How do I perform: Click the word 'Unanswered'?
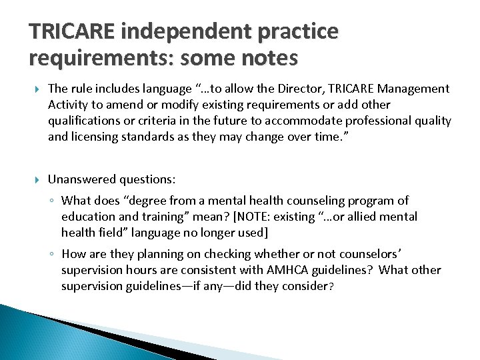[x=82, y=179]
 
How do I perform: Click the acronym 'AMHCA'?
[x=294, y=270]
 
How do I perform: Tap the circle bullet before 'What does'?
[x=52, y=201]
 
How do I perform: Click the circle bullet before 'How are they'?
[x=52, y=255]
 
